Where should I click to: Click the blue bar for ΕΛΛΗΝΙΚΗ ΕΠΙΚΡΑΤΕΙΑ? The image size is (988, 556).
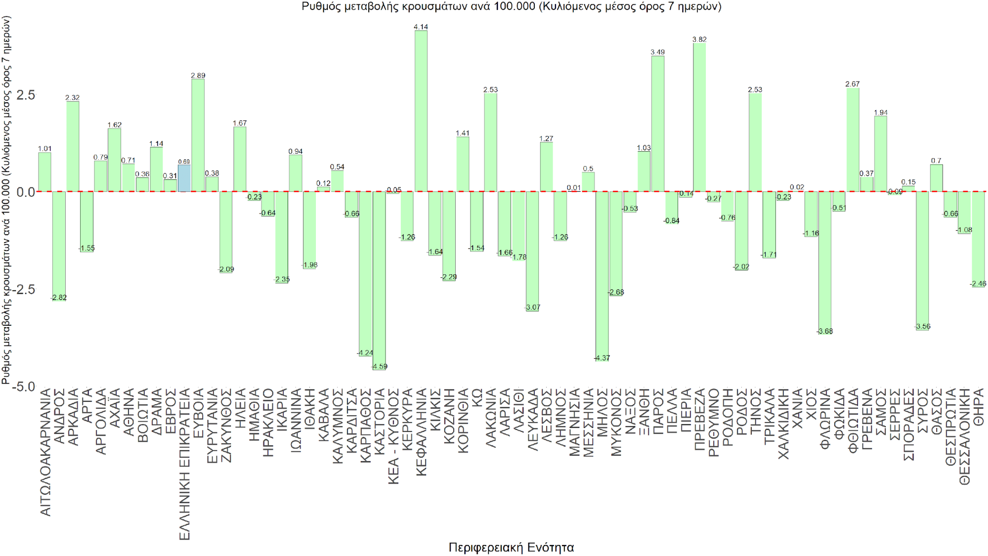click(184, 178)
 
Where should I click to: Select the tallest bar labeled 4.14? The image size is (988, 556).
click(421, 111)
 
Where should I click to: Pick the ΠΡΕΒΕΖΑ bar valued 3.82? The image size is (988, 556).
click(699, 117)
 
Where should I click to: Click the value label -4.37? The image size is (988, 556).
click(602, 358)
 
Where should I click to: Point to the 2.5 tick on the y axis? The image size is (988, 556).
click(26, 95)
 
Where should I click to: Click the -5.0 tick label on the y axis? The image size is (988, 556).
click(23, 386)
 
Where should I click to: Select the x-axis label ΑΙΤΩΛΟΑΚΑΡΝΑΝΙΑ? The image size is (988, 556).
click(45, 452)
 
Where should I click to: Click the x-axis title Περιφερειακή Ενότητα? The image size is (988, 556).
click(511, 547)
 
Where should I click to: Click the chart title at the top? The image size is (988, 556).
click(511, 6)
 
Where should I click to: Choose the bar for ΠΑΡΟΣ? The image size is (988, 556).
click(658, 124)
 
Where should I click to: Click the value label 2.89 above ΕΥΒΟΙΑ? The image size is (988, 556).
click(198, 76)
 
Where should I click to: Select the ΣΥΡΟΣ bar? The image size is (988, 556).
click(922, 260)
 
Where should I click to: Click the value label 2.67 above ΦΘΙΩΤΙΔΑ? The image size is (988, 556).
click(853, 84)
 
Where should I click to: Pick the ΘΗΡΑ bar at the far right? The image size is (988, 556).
click(978, 239)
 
